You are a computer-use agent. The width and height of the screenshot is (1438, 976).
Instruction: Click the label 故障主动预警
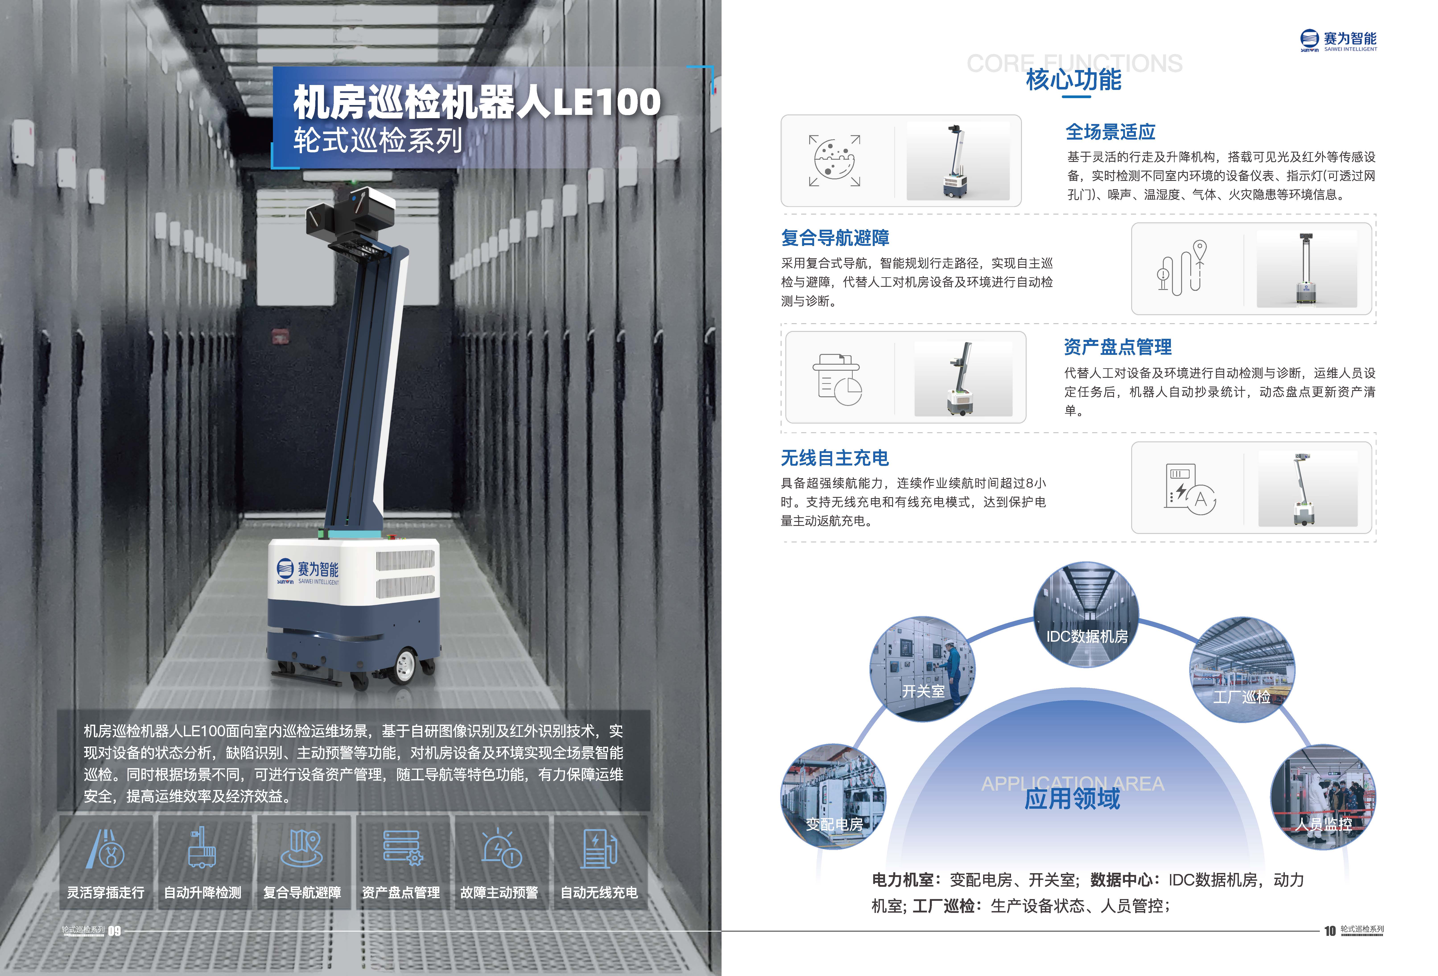pos(499,892)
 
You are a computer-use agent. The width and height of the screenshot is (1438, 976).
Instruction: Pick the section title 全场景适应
pos(1110,132)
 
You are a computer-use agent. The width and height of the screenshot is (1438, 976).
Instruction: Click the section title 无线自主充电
pos(835,458)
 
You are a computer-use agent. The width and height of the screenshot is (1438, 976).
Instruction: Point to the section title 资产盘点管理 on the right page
pos(1118,347)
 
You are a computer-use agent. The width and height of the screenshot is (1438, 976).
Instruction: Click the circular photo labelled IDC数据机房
pos(1087,614)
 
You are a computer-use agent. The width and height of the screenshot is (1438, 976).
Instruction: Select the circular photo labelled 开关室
pos(922,668)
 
